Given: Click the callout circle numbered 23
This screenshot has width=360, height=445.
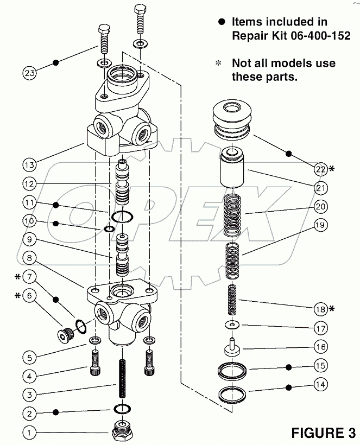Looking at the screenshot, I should [x=30, y=73].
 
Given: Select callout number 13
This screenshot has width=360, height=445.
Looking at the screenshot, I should [x=30, y=164].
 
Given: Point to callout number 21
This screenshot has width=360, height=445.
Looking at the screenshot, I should [x=321, y=188].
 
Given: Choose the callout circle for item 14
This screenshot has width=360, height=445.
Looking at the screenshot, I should [x=321, y=385].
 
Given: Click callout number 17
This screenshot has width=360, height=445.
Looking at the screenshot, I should [x=321, y=328].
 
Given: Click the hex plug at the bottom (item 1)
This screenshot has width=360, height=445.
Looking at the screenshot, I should [x=124, y=432].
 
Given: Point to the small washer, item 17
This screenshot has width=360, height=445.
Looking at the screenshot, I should [x=232, y=325].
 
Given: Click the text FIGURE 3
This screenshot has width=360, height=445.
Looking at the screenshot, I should [x=323, y=433].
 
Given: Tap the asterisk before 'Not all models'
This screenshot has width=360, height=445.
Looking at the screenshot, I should [x=219, y=63].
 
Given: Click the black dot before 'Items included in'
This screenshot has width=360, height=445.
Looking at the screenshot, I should [x=221, y=22].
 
